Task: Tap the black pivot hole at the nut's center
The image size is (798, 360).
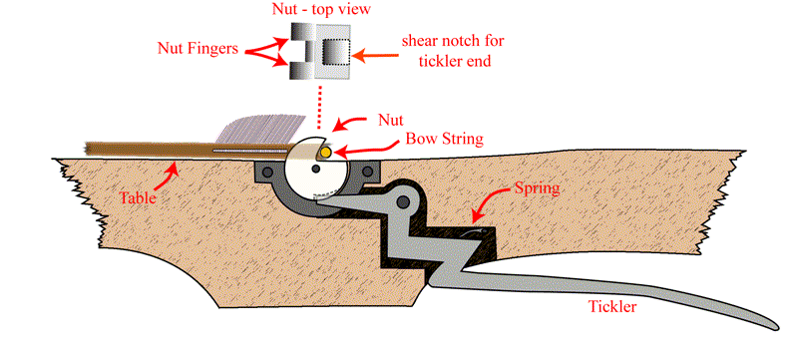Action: (316, 170)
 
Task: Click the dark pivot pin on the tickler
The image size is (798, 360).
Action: (403, 201)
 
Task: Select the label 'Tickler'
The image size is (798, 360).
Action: (612, 306)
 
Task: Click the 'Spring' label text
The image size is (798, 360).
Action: (537, 189)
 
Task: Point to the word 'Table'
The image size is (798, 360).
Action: (137, 197)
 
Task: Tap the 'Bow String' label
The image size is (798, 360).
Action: (444, 139)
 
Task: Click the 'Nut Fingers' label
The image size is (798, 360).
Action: (197, 50)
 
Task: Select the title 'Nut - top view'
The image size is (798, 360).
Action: (320, 10)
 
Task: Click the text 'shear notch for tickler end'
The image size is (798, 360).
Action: (453, 50)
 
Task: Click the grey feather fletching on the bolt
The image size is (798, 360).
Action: (262, 130)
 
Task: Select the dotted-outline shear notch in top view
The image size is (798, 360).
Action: (336, 53)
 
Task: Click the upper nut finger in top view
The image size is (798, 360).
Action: (300, 34)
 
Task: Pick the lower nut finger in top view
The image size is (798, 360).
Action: (300, 70)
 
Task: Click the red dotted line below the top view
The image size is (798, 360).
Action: (320, 108)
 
